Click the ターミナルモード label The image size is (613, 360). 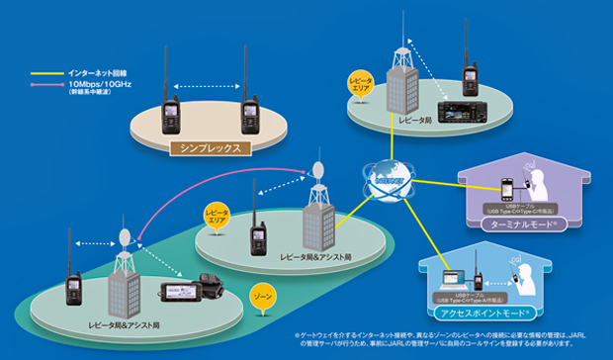click(x=511, y=225)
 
